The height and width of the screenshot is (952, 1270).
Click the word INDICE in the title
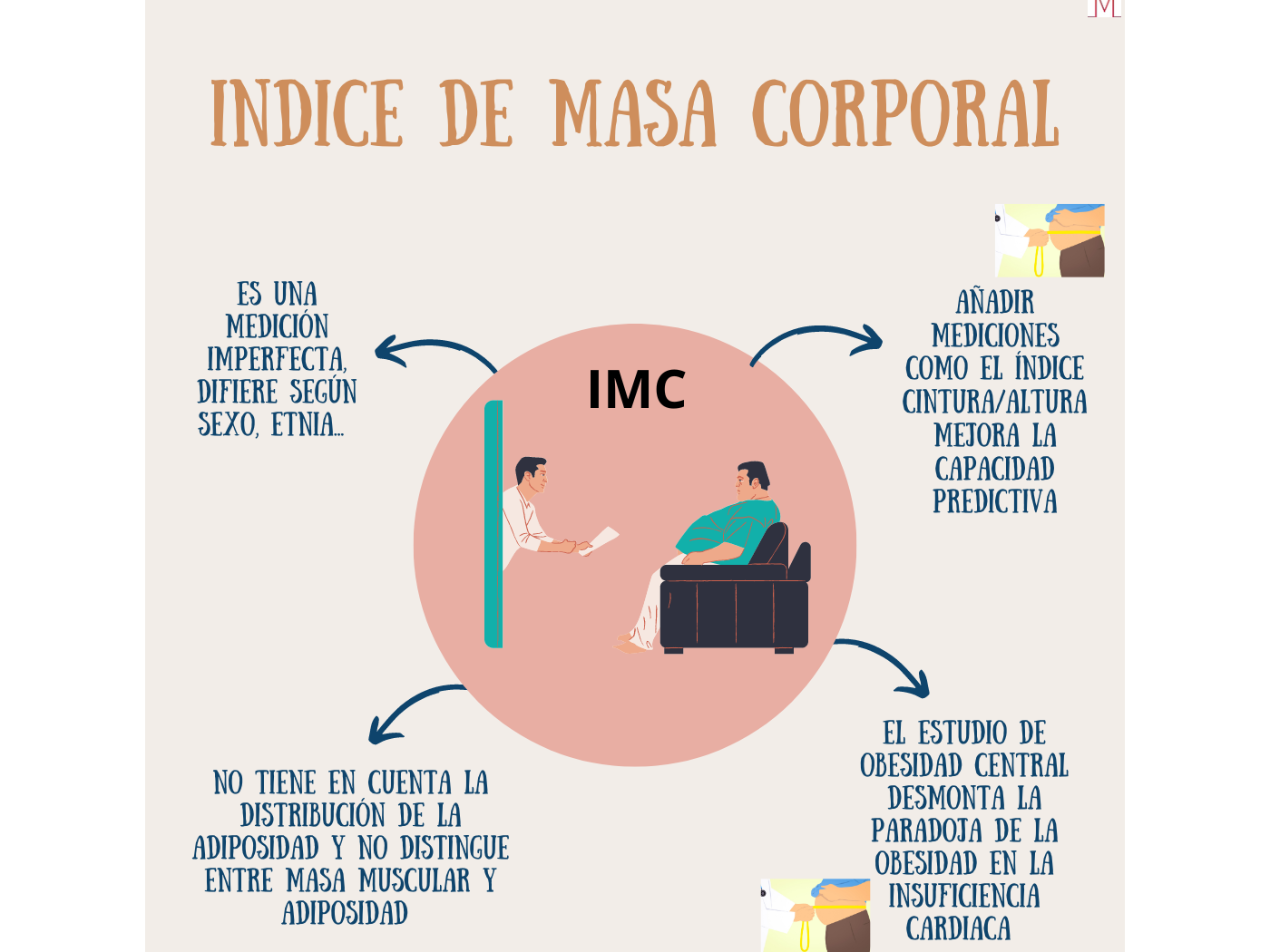(x=307, y=114)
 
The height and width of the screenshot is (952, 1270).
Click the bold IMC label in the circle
(x=636, y=390)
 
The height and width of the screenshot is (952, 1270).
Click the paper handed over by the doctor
(x=601, y=539)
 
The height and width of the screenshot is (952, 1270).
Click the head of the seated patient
(x=753, y=481)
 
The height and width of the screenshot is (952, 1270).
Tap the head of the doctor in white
(x=532, y=474)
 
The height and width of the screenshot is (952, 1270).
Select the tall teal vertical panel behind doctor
(x=493, y=524)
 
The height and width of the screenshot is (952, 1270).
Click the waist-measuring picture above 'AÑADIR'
(x=1050, y=240)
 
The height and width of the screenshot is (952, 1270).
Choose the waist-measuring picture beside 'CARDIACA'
(x=816, y=915)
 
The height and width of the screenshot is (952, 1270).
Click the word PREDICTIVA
(x=995, y=501)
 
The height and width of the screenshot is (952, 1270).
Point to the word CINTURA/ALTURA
(x=994, y=402)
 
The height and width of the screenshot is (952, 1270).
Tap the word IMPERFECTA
(x=277, y=359)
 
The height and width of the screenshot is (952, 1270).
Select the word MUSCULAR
(x=415, y=880)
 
